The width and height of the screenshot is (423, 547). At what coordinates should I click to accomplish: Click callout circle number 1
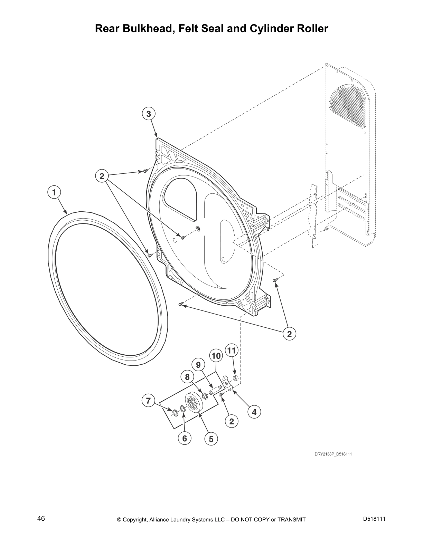(54, 193)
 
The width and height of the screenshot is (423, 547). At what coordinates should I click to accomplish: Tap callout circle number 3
(149, 114)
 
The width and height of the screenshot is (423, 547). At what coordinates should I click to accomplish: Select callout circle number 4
(254, 412)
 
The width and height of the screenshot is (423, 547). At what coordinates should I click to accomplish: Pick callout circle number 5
(211, 439)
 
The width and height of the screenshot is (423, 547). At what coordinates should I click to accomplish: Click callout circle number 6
(185, 438)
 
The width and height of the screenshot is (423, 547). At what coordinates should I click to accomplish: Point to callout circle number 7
(148, 400)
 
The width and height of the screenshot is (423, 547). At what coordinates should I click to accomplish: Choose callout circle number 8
(187, 377)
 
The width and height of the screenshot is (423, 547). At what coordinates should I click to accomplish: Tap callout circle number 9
(198, 365)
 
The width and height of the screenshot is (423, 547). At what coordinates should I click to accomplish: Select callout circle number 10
(216, 356)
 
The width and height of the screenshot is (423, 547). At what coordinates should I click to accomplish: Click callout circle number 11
(232, 350)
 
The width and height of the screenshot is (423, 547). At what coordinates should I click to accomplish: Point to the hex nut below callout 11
(236, 377)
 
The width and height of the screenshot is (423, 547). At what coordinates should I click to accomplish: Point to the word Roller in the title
(312, 29)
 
